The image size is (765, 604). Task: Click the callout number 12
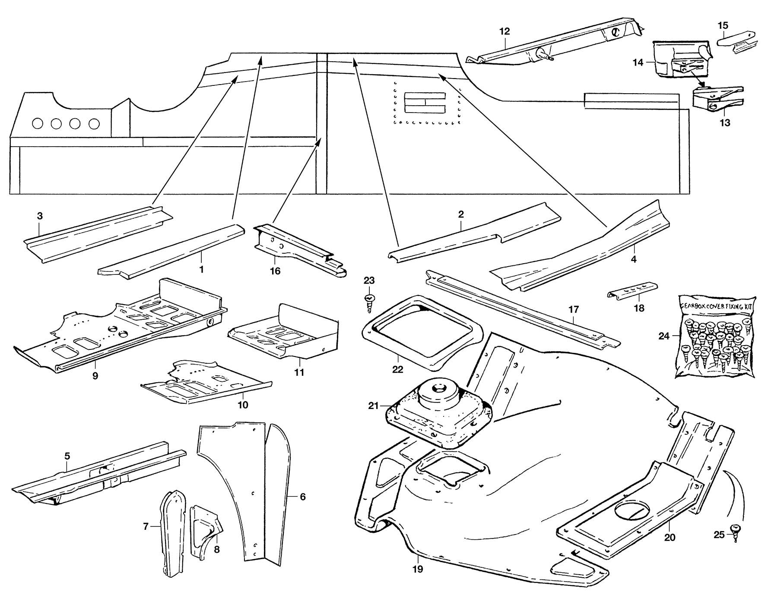(504, 31)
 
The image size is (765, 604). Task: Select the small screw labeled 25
(733, 530)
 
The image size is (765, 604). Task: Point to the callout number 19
(417, 569)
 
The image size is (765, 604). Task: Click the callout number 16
(275, 271)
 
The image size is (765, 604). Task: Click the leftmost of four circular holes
(38, 123)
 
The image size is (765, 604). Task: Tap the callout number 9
(95, 375)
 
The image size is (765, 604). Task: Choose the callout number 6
(302, 497)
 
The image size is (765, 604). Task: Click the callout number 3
(40, 216)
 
